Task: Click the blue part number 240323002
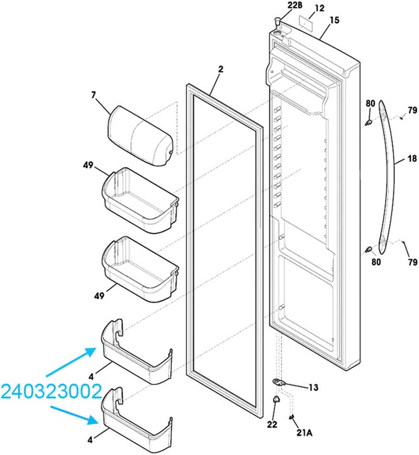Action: [52, 391]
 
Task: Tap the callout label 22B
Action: [295, 5]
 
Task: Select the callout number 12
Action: [319, 8]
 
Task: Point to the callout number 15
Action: [334, 20]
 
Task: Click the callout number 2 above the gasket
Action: [221, 69]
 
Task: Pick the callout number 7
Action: [93, 95]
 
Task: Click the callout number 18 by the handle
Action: [412, 158]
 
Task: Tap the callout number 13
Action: [313, 387]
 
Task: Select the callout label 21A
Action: [304, 432]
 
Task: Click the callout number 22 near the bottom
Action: [272, 425]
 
